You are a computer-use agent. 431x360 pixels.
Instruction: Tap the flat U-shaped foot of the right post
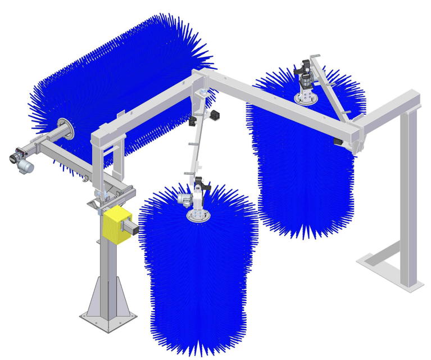(x=388, y=270)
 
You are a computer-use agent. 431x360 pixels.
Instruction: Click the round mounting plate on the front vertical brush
(x=198, y=217)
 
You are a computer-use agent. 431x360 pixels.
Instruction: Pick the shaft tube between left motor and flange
(x=48, y=142)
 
